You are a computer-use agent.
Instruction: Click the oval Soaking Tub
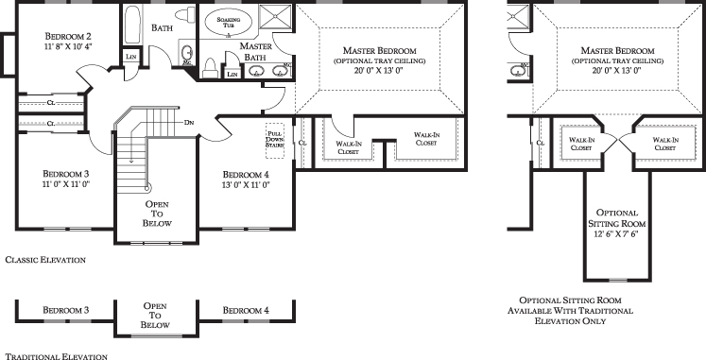tap(229, 22)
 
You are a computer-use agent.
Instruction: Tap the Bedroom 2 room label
tap(68, 36)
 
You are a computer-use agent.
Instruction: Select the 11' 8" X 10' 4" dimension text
tap(68, 46)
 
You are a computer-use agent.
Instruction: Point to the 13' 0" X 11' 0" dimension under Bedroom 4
tap(247, 185)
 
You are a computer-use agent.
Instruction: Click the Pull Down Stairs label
tap(275, 140)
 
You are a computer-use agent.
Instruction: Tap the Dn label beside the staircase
tap(189, 123)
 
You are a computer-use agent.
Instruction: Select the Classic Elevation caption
tap(45, 260)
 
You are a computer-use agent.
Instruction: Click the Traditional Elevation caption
tap(57, 357)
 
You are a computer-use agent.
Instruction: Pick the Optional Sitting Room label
tap(617, 218)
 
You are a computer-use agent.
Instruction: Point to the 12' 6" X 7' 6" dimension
tap(617, 234)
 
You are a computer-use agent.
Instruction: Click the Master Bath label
tap(255, 51)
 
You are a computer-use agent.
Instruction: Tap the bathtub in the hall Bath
tap(132, 26)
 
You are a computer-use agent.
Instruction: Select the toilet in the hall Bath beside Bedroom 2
tap(184, 15)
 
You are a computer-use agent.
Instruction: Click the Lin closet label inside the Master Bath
tap(232, 75)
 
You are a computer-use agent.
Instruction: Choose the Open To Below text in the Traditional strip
tap(155, 316)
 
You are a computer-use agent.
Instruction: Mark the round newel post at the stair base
tap(148, 188)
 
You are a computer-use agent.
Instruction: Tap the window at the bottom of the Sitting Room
tap(617, 281)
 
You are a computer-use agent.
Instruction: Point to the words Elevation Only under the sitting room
tap(570, 321)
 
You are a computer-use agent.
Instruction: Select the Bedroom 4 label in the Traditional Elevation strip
tap(246, 311)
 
